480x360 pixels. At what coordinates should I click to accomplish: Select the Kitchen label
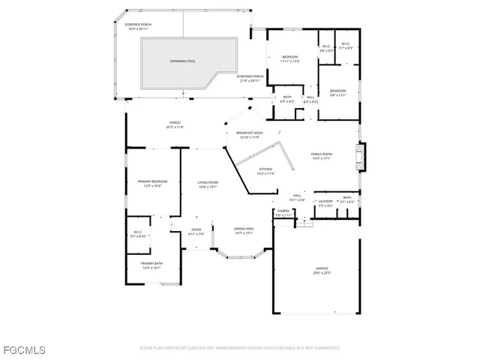coord(266,170)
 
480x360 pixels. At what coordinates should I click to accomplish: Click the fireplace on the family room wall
coord(362,156)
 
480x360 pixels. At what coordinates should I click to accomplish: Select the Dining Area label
coord(244,230)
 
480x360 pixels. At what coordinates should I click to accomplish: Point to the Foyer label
coord(196,231)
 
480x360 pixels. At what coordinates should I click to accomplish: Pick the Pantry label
coord(283,213)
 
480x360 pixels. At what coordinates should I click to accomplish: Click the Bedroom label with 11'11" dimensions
coord(289,59)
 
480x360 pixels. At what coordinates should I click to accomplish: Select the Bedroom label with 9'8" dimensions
coord(338,92)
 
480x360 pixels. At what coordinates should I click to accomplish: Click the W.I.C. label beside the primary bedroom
coord(139,234)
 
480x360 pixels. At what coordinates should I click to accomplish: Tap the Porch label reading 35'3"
coord(175,124)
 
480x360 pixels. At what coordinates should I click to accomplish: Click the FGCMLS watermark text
coord(23,349)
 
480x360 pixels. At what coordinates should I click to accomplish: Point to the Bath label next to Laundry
coord(347,199)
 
